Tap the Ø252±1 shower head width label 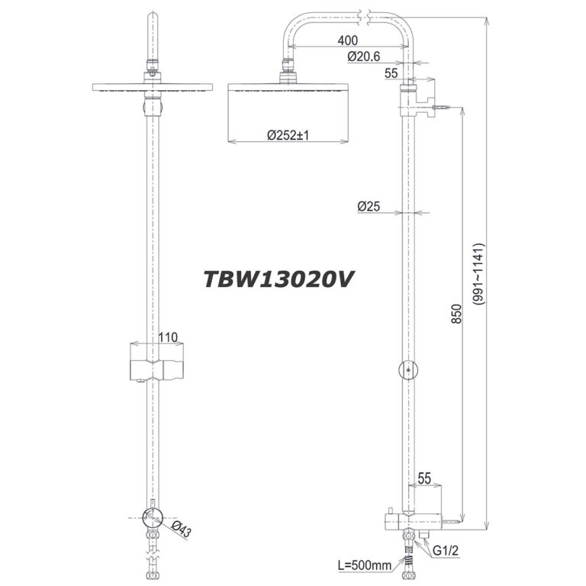287,136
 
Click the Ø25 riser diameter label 369,205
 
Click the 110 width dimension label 167,336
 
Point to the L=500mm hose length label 364,565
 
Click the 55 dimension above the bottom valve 424,478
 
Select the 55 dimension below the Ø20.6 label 391,74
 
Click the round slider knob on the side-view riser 408,370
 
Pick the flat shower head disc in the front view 156,86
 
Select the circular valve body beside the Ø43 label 154,518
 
